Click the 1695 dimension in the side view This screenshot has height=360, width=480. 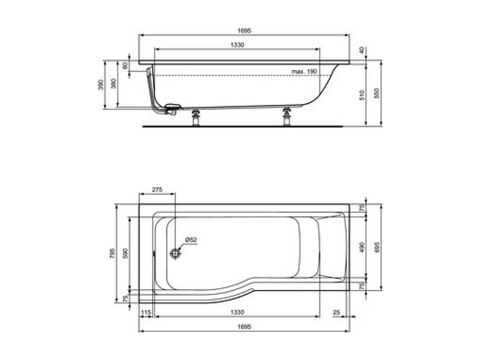coord(244,31)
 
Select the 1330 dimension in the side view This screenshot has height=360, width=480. coord(237,45)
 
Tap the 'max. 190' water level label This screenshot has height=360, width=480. coord(304,72)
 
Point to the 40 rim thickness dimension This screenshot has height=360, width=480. coord(362,50)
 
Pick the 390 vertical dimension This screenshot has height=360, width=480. coord(101,85)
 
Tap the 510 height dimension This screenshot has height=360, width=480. coord(362,95)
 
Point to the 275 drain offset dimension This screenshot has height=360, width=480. coord(157,189)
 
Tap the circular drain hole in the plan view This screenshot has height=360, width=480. coord(176,254)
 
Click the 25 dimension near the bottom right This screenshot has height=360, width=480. coord(336,312)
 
